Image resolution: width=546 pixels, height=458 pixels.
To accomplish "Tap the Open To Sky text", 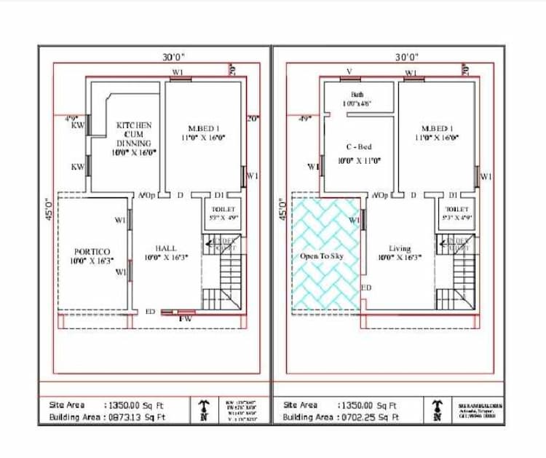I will click(x=322, y=257).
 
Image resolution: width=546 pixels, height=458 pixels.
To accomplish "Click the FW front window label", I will click(x=186, y=318).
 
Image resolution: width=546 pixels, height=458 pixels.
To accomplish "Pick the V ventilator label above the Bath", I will click(x=349, y=72).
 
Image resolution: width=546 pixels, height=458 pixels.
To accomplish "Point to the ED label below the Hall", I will click(x=150, y=312).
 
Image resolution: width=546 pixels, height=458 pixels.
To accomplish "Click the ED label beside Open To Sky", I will click(x=367, y=288).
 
